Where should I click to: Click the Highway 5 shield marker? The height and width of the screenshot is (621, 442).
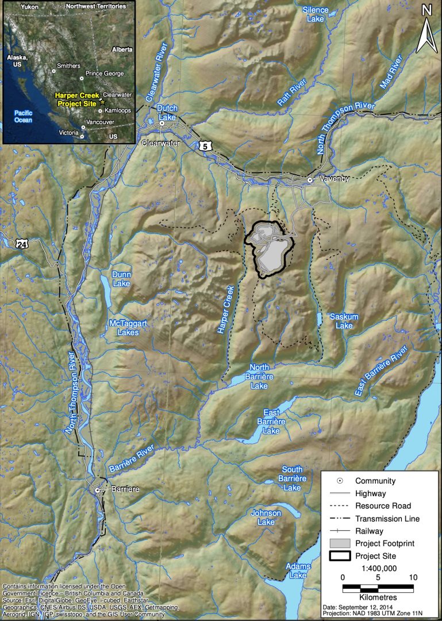click(205, 147)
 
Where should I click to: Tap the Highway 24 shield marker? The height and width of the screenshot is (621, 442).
click(22, 244)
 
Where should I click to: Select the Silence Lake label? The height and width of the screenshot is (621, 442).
click(316, 14)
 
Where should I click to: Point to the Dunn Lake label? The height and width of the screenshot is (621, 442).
click(122, 279)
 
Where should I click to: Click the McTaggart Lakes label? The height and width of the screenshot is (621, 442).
click(128, 328)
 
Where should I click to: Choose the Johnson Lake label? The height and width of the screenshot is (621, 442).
click(266, 517)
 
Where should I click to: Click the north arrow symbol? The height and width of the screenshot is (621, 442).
click(426, 28)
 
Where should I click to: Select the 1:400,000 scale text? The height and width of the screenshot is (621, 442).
click(378, 568)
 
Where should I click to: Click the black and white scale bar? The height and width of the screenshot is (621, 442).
click(378, 588)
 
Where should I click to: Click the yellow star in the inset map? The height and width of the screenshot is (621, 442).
click(103, 101)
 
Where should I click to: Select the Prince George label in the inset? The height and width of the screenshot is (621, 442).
click(105, 74)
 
